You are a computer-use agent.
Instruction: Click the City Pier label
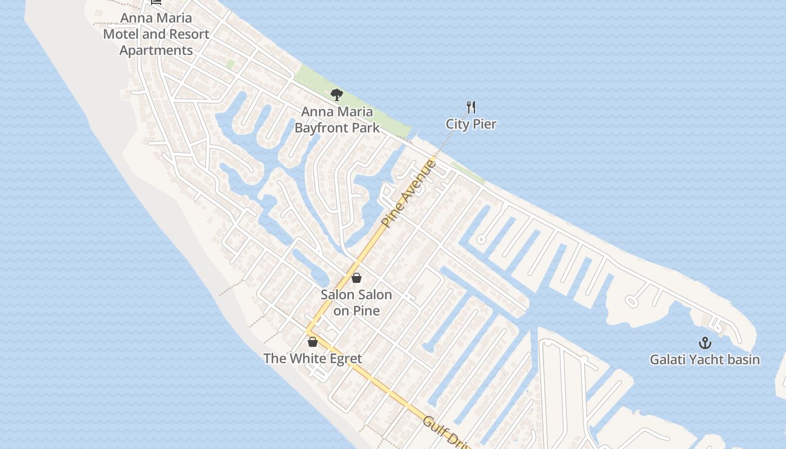tap(471, 124)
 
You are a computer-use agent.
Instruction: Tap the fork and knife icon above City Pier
tap(471, 107)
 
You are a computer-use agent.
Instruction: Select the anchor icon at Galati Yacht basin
tap(705, 343)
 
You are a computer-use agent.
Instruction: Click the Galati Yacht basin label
tap(705, 359)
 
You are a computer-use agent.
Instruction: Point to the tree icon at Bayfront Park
tap(337, 95)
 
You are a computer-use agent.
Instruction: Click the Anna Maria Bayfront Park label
tap(337, 120)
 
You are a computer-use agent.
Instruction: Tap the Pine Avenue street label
tap(408, 193)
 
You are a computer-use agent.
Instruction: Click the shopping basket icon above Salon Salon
tap(356, 278)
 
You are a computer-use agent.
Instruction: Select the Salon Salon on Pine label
tap(356, 303)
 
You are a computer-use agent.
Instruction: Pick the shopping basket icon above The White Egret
tap(313, 341)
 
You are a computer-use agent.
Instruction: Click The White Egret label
tap(313, 358)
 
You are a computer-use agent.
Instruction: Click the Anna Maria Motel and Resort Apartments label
tap(156, 34)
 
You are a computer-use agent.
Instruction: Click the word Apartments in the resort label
tap(156, 50)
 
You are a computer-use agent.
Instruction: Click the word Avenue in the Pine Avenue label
tap(419, 180)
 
